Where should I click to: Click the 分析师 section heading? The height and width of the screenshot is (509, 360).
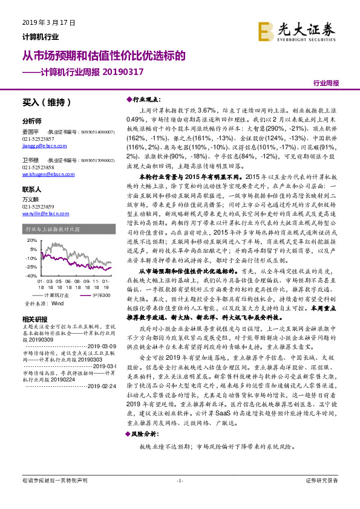click(x=31, y=120)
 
